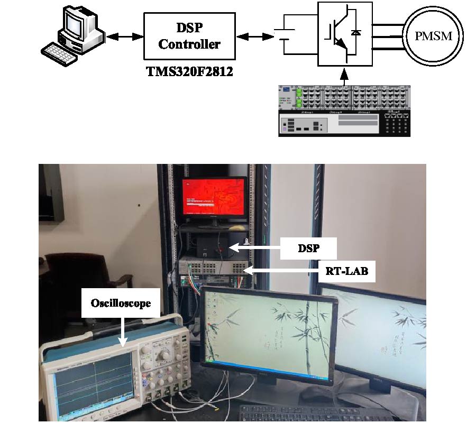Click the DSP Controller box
click(x=189, y=36)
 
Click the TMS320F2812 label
click(x=189, y=71)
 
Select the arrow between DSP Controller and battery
click(x=253, y=36)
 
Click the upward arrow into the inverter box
click(x=344, y=78)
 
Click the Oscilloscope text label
click(x=121, y=304)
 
